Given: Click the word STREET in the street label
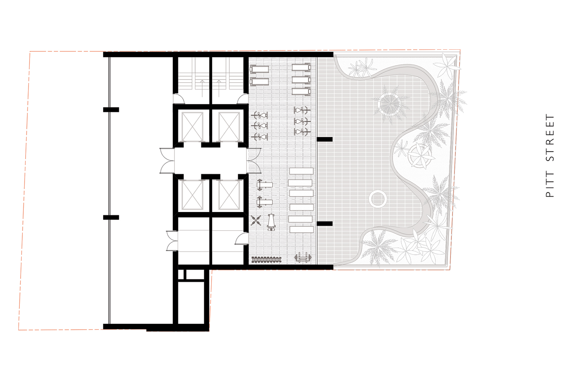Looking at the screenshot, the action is coord(550,138).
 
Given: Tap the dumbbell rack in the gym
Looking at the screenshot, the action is coord(266,260).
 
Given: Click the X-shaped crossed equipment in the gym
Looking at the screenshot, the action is coord(256,220).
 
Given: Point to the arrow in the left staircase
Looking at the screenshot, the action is coord(202,88).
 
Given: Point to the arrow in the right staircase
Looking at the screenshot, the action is coord(219,88).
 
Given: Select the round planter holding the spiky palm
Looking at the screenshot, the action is coord(389,104).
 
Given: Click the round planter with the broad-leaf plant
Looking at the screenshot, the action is coord(419,156).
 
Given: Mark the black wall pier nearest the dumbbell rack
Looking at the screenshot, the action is coord(324,224).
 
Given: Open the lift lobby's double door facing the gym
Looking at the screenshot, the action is coord(254,161).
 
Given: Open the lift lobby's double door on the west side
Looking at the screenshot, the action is coord(167,161).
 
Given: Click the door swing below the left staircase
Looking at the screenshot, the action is coord(178,99).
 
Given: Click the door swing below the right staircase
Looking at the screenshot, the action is coord(243,99).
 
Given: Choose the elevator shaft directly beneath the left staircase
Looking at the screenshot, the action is coord(192,127).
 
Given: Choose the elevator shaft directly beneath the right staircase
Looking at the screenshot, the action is coord(229,127).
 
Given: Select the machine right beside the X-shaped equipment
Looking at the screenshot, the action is coord(271,222).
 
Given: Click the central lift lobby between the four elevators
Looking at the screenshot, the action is coord(210,161).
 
